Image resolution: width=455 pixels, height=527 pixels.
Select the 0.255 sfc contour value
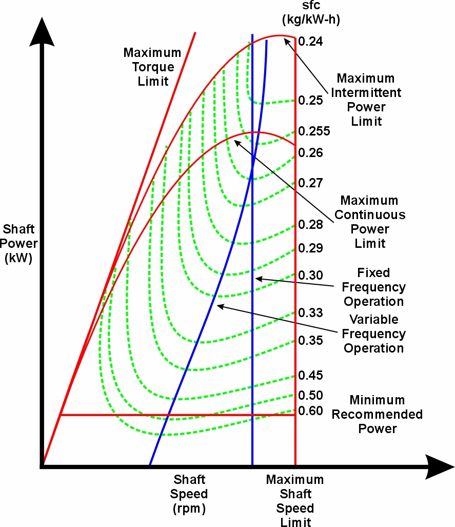[314, 131]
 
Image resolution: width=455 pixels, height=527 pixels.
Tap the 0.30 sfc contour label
[310, 275]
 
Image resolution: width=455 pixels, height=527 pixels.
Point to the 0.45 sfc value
[310, 376]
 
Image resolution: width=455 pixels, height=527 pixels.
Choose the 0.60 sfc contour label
[310, 411]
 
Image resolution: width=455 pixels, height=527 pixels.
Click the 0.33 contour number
[310, 313]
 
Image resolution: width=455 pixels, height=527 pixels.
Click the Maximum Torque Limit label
[152, 67]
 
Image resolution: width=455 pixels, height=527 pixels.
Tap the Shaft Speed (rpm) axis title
[190, 494]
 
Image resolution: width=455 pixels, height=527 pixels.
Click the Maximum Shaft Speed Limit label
[295, 501]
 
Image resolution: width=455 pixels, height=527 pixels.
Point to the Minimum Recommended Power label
[377, 414]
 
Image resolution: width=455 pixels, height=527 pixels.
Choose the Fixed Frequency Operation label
[373, 287]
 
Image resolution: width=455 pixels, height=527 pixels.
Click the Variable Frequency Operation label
[373, 334]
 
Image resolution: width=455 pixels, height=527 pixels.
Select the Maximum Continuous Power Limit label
[370, 222]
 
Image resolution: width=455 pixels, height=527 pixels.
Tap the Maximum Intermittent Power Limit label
[366, 100]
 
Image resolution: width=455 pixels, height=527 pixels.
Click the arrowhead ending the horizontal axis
[442, 466]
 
